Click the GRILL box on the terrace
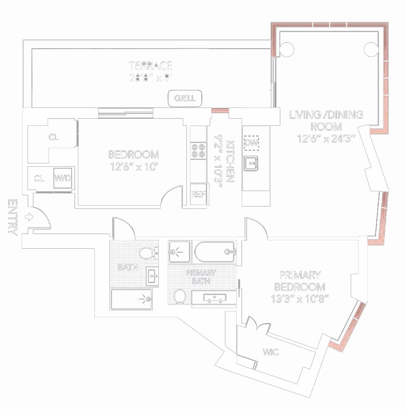[185, 98]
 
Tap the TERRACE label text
[151, 66]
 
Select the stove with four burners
[198, 151]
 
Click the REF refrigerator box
[198, 194]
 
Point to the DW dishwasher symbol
[251, 143]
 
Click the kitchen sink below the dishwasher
[251, 163]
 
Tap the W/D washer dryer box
[63, 178]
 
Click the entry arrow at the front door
[29, 217]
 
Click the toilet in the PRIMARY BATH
[180, 296]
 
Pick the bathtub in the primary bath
[215, 252]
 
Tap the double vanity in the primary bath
[214, 299]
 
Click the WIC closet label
[271, 352]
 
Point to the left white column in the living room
[287, 50]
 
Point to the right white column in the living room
[371, 49]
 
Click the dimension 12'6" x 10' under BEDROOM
[134, 167]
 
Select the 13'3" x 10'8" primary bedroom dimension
[300, 299]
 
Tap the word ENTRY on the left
[12, 217]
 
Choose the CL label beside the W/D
[39, 178]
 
